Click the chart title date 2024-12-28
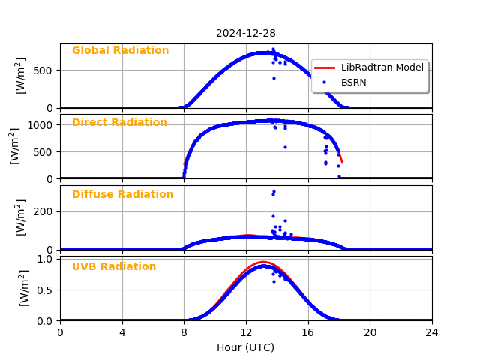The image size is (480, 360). coord(245,33)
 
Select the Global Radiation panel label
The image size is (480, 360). coord(120,51)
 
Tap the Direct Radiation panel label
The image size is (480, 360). coord(119,123)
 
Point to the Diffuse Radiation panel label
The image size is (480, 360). coord(122,195)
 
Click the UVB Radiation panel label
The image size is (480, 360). coord(114,267)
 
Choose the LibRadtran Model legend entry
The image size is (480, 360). coord(382,67)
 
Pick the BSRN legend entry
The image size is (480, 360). coord(353,82)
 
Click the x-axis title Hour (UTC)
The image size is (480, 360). coord(245,347)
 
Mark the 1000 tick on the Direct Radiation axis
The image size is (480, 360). coord(41,125)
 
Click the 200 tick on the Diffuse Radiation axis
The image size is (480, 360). coord(45,211)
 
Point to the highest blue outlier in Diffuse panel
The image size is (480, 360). coord(274,191)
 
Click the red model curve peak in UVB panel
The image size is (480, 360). coord(263,262)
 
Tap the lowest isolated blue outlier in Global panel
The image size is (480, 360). coord(274,78)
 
